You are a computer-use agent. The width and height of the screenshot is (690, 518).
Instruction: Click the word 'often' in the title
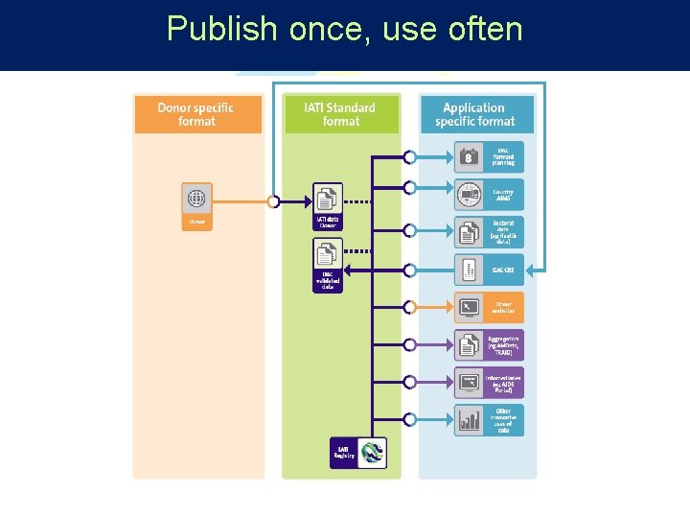485,29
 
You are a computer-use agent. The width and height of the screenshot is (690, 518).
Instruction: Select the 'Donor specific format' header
195,114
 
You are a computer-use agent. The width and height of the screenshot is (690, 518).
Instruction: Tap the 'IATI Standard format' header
340,114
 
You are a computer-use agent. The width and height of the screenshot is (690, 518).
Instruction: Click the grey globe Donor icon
196,199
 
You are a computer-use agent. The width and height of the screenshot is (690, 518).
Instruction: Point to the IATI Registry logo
371,453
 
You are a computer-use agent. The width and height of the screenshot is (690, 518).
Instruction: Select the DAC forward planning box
490,156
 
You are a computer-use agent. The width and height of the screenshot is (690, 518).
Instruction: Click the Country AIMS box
490,195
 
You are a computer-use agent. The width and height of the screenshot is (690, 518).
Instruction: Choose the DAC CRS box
490,270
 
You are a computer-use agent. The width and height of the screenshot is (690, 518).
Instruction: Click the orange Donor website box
490,308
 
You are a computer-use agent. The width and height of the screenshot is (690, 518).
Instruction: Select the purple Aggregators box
490,345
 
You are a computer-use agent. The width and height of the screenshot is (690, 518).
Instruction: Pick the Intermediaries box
490,383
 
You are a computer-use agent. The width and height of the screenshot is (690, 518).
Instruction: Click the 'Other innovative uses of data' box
490,420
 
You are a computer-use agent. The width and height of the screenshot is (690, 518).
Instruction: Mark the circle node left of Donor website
409,307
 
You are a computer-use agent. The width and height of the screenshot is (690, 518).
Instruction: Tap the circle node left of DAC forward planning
409,156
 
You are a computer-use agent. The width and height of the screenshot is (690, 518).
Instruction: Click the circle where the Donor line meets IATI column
274,201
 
